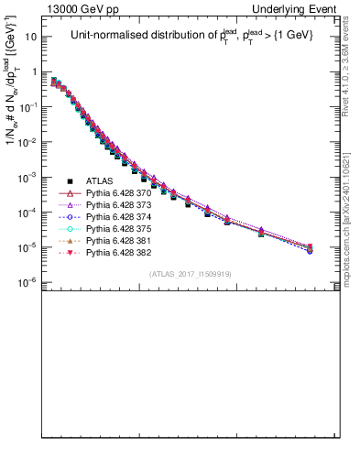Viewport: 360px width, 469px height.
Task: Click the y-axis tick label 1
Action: [36, 72]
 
